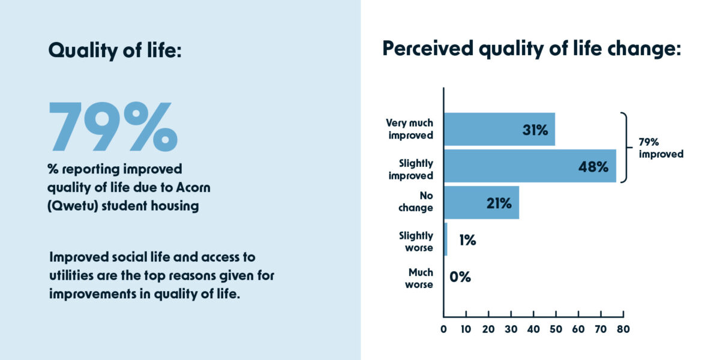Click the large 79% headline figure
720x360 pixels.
(x=113, y=127)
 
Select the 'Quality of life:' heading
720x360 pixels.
(x=115, y=50)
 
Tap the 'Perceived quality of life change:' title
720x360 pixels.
(x=532, y=49)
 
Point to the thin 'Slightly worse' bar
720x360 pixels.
(x=446, y=239)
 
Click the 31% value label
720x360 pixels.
(x=535, y=130)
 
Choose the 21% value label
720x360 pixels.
(x=499, y=203)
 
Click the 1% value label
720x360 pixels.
(x=467, y=240)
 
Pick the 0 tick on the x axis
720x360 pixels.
(x=443, y=329)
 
